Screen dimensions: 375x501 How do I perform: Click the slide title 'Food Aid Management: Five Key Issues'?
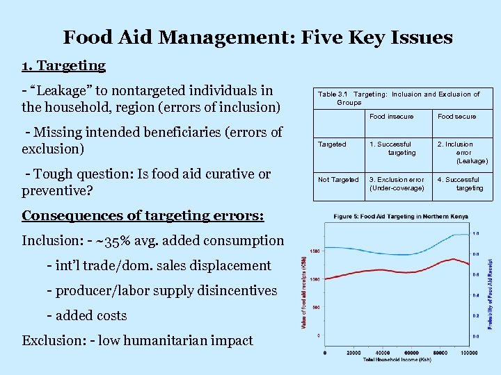click(257, 37)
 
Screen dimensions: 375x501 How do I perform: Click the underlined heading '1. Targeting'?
click(63, 66)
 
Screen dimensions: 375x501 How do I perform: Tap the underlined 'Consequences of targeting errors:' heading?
click(143, 215)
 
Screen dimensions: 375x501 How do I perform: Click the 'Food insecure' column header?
click(391, 117)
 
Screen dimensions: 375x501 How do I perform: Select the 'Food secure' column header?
click(456, 117)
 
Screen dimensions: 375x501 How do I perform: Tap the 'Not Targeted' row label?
click(338, 180)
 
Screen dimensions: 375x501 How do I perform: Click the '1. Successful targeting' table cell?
click(394, 149)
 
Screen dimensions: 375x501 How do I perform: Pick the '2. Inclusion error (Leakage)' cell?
click(463, 153)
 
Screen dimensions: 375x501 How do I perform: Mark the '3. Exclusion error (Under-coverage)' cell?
click(397, 184)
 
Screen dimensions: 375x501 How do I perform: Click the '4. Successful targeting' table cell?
click(462, 184)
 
